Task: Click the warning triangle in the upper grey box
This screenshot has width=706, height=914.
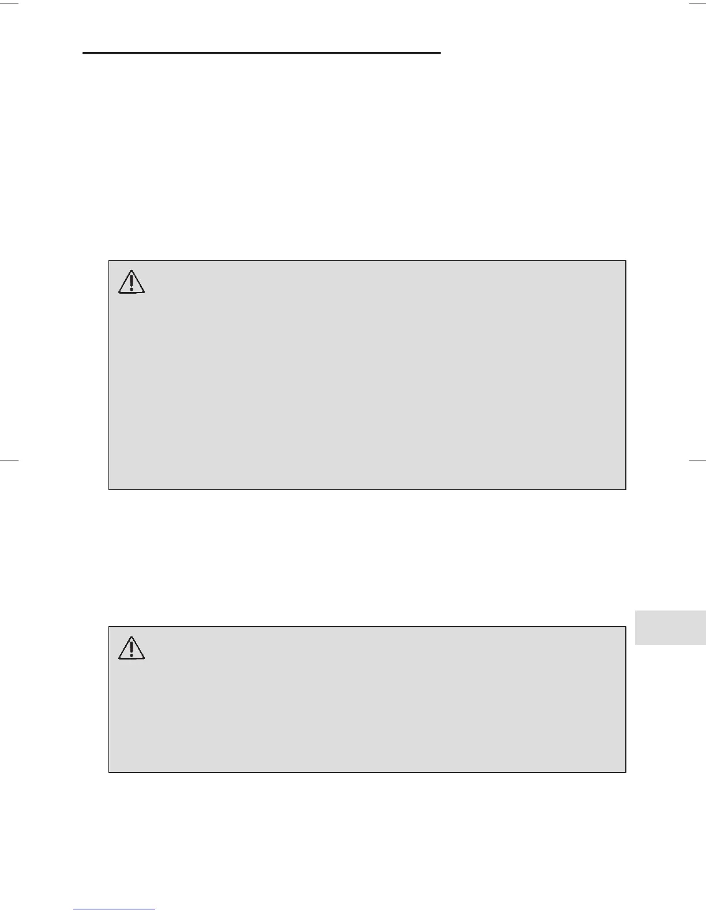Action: pyautogui.click(x=132, y=282)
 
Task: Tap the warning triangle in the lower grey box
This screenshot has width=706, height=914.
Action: pyautogui.click(x=132, y=647)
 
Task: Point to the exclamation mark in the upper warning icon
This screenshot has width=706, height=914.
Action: pyautogui.click(x=132, y=283)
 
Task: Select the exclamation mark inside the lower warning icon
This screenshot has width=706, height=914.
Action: pyautogui.click(x=132, y=649)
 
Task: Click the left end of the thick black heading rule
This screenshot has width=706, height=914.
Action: pyautogui.click(x=84, y=53)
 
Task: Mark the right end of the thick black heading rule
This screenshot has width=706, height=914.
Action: pyautogui.click(x=440, y=53)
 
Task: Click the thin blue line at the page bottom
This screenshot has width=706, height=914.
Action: pyautogui.click(x=114, y=909)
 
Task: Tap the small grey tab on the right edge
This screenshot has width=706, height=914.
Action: pyautogui.click(x=670, y=627)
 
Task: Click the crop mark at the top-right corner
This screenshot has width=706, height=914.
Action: pyautogui.click(x=697, y=3)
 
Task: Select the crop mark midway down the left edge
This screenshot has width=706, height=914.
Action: pyautogui.click(x=9, y=460)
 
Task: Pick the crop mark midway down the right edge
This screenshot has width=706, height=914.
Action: pyautogui.click(x=697, y=460)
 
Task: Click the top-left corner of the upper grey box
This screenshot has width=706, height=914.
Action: pyautogui.click(x=109, y=261)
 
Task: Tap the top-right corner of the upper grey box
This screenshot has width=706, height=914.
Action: pyautogui.click(x=626, y=261)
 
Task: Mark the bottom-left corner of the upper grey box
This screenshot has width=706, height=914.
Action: pyautogui.click(x=109, y=489)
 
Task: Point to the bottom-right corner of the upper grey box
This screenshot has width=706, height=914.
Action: pyautogui.click(x=626, y=489)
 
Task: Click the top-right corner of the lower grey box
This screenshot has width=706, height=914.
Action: pyautogui.click(x=626, y=627)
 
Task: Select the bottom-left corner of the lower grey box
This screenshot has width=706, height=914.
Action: pyautogui.click(x=109, y=772)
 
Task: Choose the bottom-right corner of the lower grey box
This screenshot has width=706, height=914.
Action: pyautogui.click(x=626, y=772)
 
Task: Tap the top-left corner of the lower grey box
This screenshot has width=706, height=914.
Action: pyautogui.click(x=109, y=627)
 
